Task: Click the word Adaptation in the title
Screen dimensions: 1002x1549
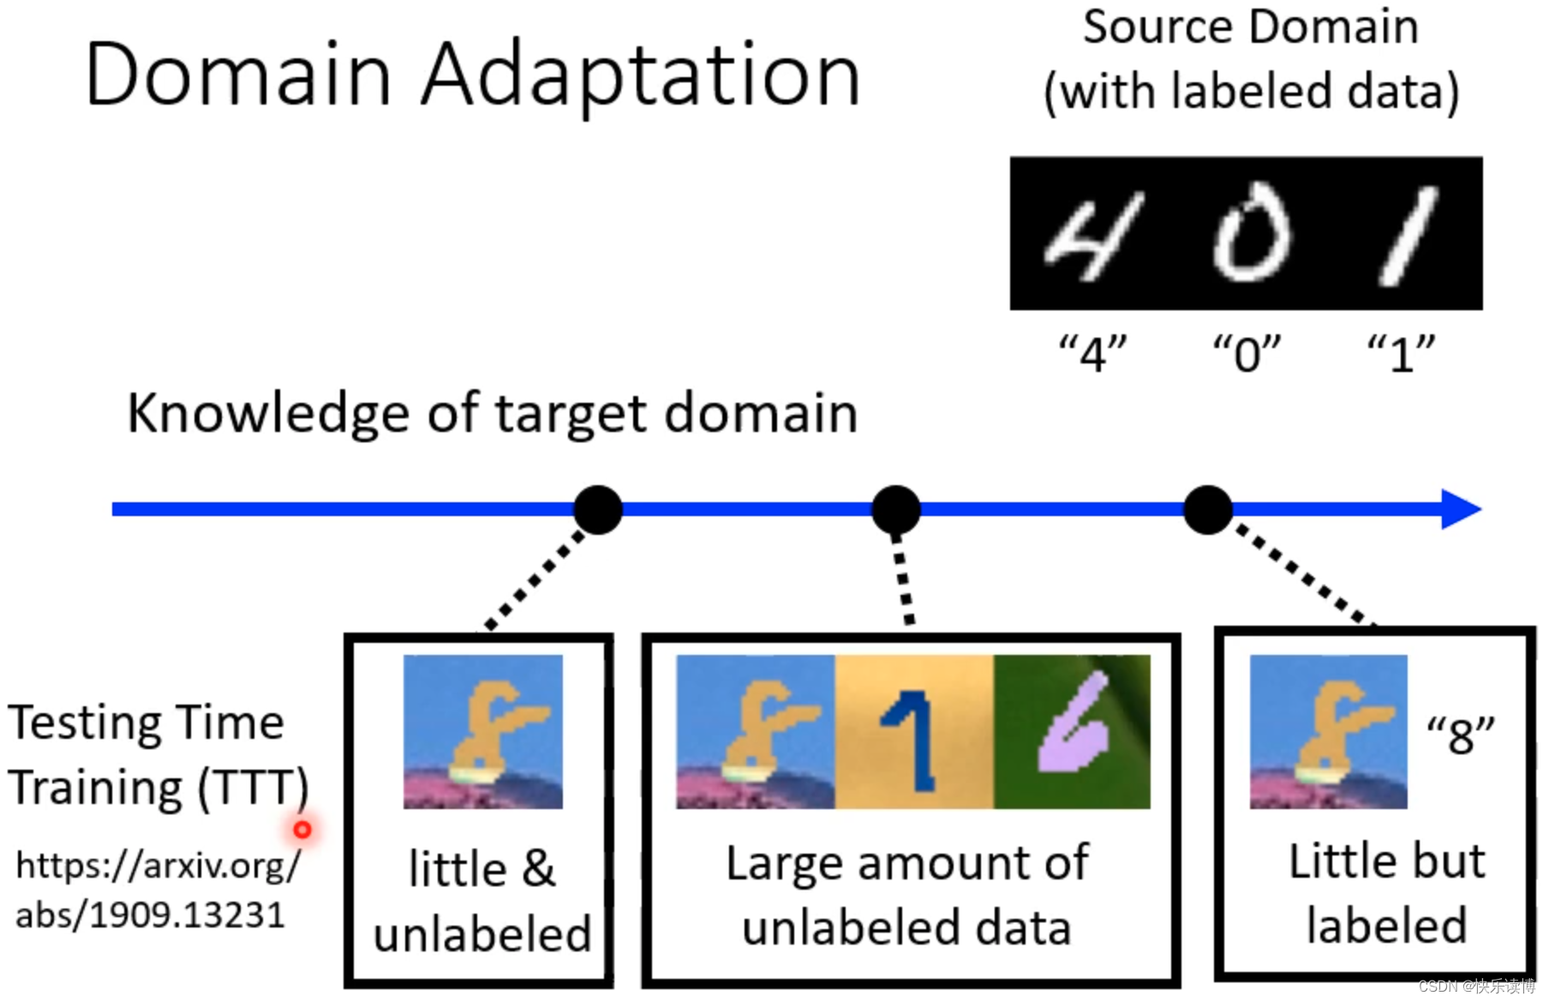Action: [641, 75]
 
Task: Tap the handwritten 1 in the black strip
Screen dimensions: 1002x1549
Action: [1408, 237]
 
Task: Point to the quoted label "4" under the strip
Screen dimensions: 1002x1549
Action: [1092, 353]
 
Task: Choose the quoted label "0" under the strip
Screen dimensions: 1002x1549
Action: [1247, 353]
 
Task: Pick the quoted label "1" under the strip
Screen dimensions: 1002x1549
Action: [1401, 353]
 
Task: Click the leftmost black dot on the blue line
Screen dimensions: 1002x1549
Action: [598, 510]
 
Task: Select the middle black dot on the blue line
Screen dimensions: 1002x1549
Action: [895, 510]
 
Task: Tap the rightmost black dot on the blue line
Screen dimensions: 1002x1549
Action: [1207, 510]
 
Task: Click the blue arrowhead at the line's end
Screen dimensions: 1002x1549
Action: [1460, 509]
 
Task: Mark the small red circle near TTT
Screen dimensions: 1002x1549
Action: [302, 830]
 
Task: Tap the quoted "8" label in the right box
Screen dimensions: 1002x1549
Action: [1460, 735]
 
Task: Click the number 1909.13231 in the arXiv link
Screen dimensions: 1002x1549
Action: [187, 915]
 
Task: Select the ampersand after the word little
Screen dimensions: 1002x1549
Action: [538, 869]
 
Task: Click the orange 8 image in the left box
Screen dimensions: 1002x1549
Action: [483, 731]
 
